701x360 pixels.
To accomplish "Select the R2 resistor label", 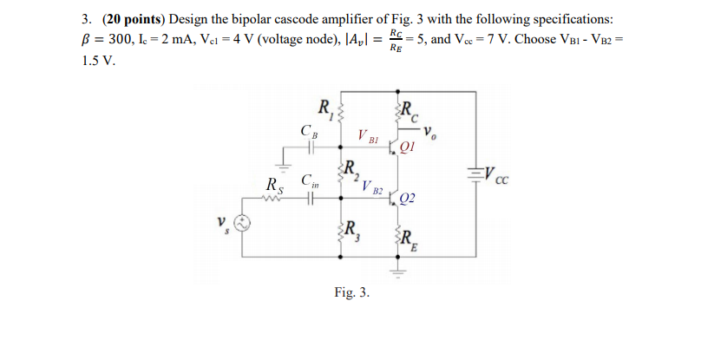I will pos(350,169).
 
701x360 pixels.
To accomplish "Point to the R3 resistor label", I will pos(351,231).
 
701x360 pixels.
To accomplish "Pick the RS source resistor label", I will pos(273,185).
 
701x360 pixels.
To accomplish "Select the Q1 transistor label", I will pos(409,147).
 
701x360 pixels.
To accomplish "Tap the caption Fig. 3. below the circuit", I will pos(351,292).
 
